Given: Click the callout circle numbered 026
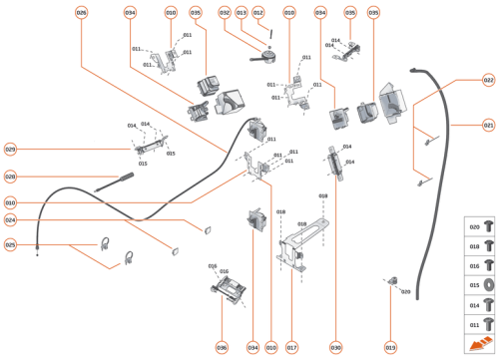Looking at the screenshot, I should [81, 13].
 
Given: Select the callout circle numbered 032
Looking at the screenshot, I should [225, 13].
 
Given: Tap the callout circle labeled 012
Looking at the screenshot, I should [257, 13].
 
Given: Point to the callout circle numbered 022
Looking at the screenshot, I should [488, 80].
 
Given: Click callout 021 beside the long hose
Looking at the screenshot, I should [488, 126].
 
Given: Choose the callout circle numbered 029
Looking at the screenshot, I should [10, 150].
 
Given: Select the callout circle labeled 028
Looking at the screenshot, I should [10, 178].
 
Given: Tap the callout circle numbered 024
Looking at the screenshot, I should [10, 219].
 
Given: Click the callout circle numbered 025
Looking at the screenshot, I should [10, 244].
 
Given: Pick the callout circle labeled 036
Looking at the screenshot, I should [222, 348].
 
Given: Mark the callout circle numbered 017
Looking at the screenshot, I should [292, 348].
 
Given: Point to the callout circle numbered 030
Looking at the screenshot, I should [336, 348].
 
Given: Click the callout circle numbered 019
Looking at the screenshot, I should [390, 348].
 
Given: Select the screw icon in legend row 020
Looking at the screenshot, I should [488, 226].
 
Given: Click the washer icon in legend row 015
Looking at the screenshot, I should [488, 285].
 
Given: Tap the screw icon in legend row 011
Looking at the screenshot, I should [488, 324].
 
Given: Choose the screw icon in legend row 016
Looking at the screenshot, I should [488, 266].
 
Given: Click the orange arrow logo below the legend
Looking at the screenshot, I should [479, 346].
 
